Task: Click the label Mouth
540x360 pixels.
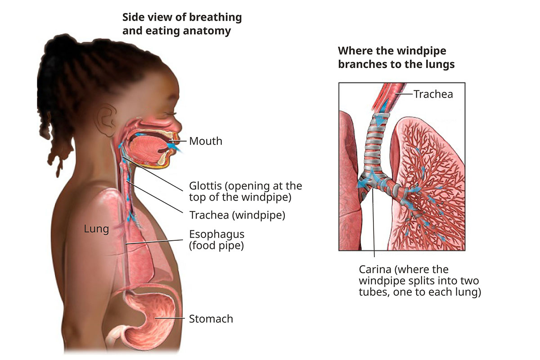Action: click(x=206, y=141)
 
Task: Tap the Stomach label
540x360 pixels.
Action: click(x=211, y=319)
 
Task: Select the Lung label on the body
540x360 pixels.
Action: click(x=96, y=229)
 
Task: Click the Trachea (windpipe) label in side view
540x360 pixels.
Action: click(x=237, y=215)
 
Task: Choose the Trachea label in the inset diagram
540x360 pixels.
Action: click(x=433, y=94)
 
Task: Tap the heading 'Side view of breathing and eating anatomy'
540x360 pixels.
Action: click(x=182, y=24)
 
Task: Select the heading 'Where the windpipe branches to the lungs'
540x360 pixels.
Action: click(x=396, y=57)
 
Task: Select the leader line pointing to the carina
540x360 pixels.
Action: click(x=373, y=225)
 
